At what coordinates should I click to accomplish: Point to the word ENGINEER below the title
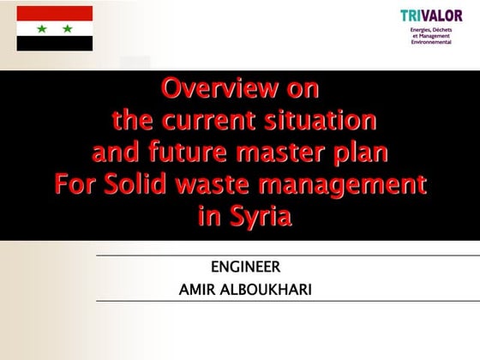(x=245, y=267)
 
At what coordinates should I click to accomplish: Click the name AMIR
(x=198, y=289)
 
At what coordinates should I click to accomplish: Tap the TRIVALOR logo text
(x=430, y=15)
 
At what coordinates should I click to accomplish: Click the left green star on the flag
(x=41, y=28)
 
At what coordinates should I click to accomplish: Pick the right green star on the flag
(x=68, y=28)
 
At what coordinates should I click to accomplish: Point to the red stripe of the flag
(x=55, y=13)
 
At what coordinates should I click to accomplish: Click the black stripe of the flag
(x=55, y=44)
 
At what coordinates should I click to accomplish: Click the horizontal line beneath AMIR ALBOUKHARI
(x=283, y=301)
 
